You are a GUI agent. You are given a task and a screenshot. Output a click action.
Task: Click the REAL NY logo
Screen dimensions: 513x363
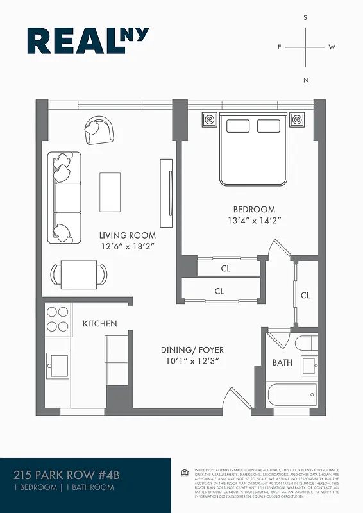click(88, 40)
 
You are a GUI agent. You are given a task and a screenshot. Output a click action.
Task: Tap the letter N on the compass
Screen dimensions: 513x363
click(306, 80)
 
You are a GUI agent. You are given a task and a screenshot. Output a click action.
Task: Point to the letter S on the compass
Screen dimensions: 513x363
click(305, 19)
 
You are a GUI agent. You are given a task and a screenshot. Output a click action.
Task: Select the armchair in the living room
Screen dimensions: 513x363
click(99, 130)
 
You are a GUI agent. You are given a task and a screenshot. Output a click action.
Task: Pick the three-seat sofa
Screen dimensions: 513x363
click(65, 197)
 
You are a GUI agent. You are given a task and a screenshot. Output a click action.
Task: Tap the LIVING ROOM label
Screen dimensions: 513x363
click(126, 235)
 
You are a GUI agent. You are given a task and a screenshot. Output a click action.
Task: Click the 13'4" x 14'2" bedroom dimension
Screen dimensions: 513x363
click(254, 220)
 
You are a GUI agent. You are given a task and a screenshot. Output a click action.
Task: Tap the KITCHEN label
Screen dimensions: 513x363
click(99, 324)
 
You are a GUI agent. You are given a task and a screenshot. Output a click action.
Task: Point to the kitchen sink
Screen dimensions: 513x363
click(60, 365)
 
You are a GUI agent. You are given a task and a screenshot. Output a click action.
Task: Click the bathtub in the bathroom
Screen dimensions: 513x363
click(292, 393)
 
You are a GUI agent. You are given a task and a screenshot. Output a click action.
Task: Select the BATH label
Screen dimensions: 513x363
click(282, 362)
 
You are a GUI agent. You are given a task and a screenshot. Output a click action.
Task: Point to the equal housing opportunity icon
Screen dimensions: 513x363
click(185, 473)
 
